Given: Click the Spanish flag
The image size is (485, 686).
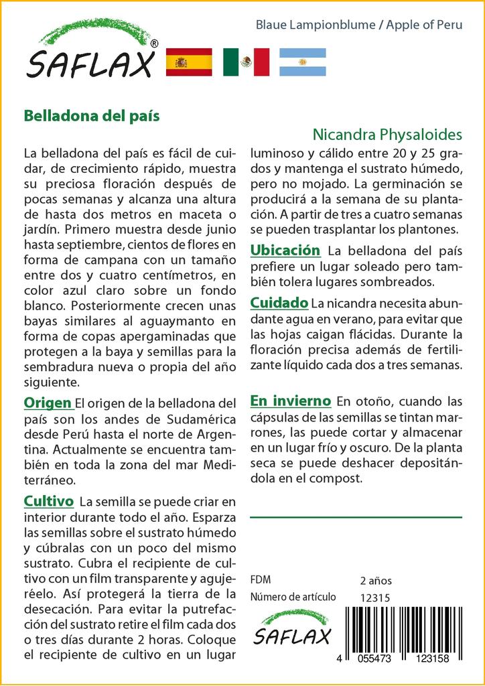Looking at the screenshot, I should pyautogui.click(x=189, y=62).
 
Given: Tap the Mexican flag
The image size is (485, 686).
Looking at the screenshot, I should pyautogui.click(x=246, y=62).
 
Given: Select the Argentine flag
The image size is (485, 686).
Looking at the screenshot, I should pyautogui.click(x=302, y=62).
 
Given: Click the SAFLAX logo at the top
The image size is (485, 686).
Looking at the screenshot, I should pyautogui.click(x=91, y=52).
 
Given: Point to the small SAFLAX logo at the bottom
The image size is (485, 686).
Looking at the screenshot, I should pyautogui.click(x=291, y=628).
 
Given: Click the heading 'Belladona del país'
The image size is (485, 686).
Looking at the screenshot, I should pyautogui.click(x=92, y=115).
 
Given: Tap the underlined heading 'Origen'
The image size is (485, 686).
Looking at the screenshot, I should pyautogui.click(x=48, y=403).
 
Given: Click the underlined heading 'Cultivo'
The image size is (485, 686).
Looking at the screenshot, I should pyautogui.click(x=48, y=501).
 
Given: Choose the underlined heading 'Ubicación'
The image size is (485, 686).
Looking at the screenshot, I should pyautogui.click(x=285, y=251).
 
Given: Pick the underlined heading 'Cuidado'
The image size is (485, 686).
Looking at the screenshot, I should pyautogui.click(x=279, y=303).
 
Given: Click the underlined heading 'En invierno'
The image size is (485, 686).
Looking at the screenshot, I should pyautogui.click(x=290, y=401).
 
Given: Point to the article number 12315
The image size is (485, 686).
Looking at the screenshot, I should pyautogui.click(x=375, y=598).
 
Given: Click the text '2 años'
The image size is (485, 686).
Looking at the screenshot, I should pyautogui.click(x=376, y=580).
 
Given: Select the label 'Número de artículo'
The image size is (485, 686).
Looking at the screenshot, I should pyautogui.click(x=292, y=598).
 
